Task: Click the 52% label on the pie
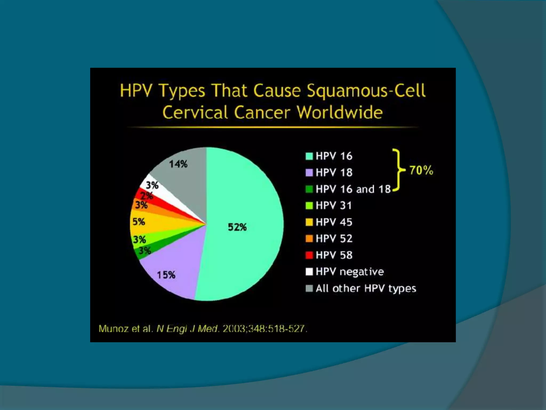pos(237,227)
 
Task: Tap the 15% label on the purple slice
pos(166,275)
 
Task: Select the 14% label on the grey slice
pos(178,164)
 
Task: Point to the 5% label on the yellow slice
pos(139,222)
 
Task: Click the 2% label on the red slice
pos(146,196)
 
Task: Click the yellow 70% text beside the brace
pos(421,170)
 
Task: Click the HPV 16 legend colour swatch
pos(309,156)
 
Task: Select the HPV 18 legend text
pos(334,173)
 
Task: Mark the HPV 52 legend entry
pos(334,239)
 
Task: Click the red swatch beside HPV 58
pos(309,255)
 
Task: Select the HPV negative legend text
pos(350,272)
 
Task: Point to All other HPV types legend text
pos(366,289)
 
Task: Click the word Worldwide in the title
pos(340,112)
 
